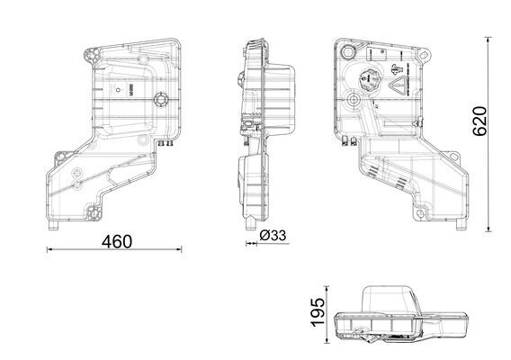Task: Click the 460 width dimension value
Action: point(117,242)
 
